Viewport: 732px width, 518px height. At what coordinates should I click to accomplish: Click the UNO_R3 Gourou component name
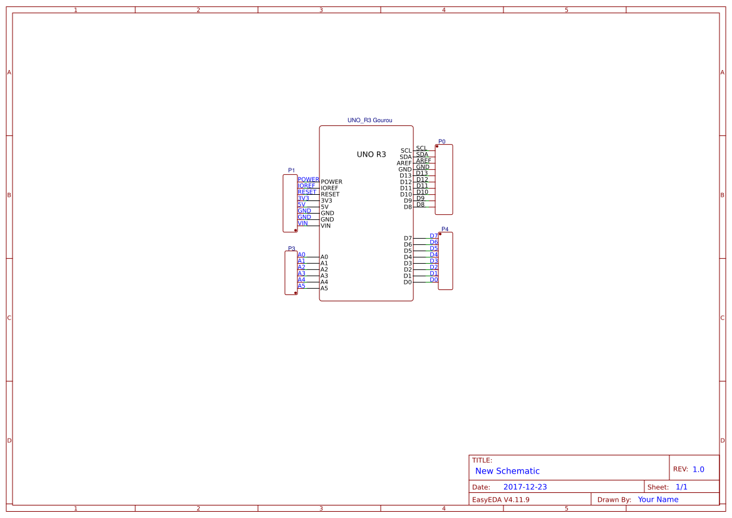(x=369, y=120)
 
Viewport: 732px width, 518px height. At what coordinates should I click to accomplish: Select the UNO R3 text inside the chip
(x=371, y=154)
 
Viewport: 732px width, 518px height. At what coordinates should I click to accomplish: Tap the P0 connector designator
(x=441, y=142)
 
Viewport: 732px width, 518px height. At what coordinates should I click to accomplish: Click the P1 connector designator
(x=291, y=170)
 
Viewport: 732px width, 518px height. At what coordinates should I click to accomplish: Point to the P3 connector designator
(x=291, y=249)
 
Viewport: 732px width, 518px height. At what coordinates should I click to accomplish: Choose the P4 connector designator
(x=445, y=229)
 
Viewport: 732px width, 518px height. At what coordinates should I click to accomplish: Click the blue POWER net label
(x=308, y=179)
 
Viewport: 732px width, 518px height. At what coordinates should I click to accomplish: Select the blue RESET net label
(x=307, y=192)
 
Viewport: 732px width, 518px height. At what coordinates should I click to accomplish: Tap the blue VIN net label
(x=302, y=223)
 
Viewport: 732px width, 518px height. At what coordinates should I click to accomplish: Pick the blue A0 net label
(x=302, y=254)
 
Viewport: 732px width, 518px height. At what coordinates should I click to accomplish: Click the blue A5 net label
(x=302, y=286)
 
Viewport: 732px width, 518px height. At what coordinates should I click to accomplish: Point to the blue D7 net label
(x=434, y=236)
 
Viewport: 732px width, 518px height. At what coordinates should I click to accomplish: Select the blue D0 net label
(x=434, y=280)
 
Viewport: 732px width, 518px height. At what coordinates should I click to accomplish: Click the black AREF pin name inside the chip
(x=405, y=163)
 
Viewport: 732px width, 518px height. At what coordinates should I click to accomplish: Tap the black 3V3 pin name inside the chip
(x=326, y=201)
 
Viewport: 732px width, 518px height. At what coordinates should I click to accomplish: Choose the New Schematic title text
(x=507, y=471)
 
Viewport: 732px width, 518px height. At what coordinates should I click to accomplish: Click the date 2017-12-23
(x=525, y=487)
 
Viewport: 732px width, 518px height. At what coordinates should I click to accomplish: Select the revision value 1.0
(x=698, y=469)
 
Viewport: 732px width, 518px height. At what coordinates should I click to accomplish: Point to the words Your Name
(x=658, y=499)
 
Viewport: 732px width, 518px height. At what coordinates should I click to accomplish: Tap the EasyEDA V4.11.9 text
(x=501, y=499)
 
